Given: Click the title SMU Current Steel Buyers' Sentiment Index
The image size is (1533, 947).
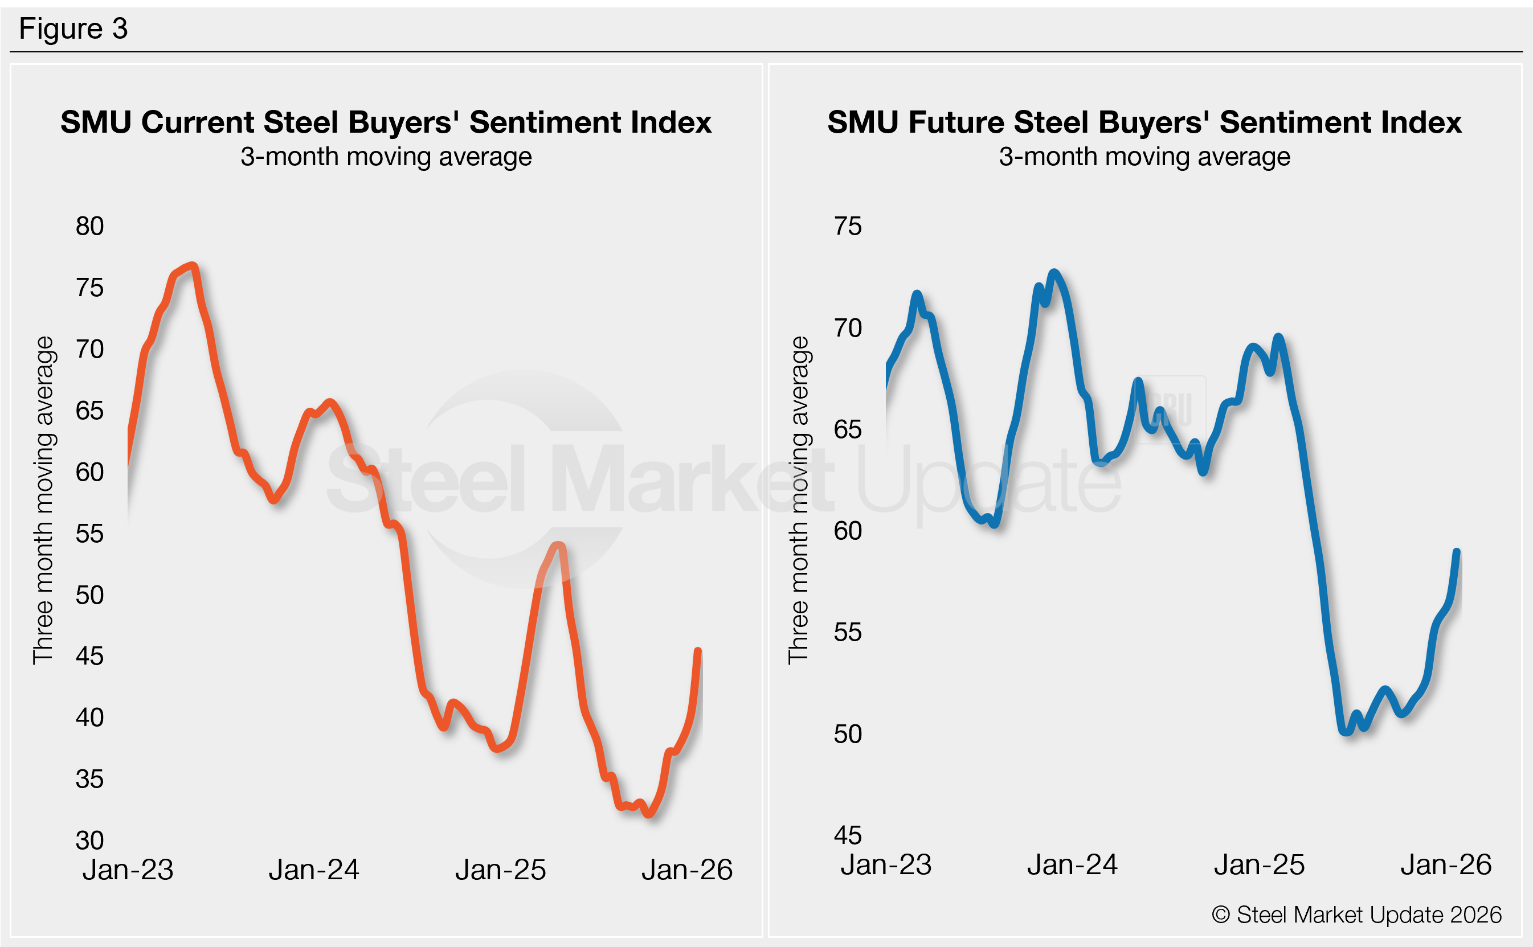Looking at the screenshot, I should pos(386,122).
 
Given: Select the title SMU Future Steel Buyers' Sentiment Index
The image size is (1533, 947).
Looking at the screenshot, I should pos(1144,122).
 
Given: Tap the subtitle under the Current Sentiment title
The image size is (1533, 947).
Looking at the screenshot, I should pos(386,157).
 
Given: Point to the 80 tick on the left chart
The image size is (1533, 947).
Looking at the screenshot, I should pos(89,226).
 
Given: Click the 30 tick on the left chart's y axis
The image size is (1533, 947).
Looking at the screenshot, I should pos(89,841).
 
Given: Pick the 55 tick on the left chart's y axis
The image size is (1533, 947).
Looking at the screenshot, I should pos(89,534).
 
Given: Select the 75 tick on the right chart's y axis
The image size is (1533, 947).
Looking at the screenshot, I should pos(848,226).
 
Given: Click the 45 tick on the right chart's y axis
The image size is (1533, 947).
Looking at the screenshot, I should pos(848,835).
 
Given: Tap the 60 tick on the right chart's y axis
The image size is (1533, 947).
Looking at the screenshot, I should pos(848,531).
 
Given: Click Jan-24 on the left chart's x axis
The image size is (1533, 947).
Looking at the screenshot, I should pos(314,870).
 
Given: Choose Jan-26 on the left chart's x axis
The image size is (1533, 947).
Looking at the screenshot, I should pos(686,870).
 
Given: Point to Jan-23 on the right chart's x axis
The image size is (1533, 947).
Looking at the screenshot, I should pos(886,865).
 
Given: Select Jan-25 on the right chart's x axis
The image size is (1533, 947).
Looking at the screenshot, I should pos(1259,865).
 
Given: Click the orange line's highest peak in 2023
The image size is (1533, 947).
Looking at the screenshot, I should pos(193,265).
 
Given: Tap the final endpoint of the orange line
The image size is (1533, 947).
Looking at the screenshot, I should pos(698,651).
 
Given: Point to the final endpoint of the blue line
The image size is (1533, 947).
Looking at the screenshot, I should pos(1457,551).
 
